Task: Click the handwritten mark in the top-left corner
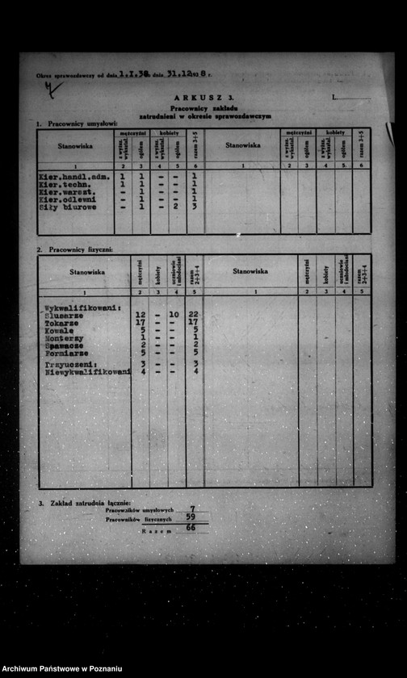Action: pyautogui.click(x=52, y=89)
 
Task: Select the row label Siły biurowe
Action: pyautogui.click(x=67, y=207)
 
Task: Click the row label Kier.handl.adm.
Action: pyautogui.click(x=73, y=175)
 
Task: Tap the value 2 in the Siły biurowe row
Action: pyautogui.click(x=174, y=207)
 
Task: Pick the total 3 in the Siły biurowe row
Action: pyautogui.click(x=195, y=207)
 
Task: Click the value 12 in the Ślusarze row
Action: pyautogui.click(x=141, y=315)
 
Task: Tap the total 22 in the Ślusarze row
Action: pyautogui.click(x=194, y=315)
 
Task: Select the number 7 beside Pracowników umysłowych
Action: pyautogui.click(x=191, y=509)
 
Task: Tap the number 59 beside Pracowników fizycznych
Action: pyautogui.click(x=191, y=517)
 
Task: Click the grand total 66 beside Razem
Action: pyautogui.click(x=191, y=529)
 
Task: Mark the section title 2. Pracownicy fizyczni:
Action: pyautogui.click(x=74, y=249)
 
